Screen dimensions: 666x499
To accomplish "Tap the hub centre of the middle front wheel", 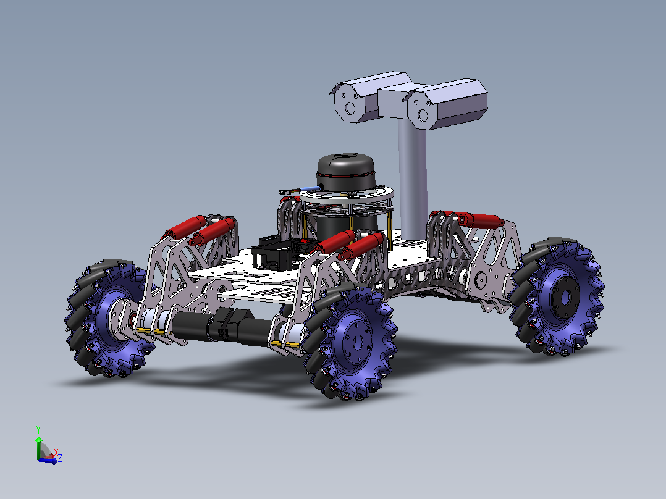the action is [356, 340].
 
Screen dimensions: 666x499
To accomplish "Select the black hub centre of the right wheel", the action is [565, 297].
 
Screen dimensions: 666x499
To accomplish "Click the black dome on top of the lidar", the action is [346, 172].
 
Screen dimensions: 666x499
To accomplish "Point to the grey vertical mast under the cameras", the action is [413, 178].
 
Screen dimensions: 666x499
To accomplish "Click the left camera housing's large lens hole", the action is [350, 108].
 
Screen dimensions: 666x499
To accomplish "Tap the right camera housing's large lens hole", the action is [423, 115].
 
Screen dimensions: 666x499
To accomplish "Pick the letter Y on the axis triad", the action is [38, 429].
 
